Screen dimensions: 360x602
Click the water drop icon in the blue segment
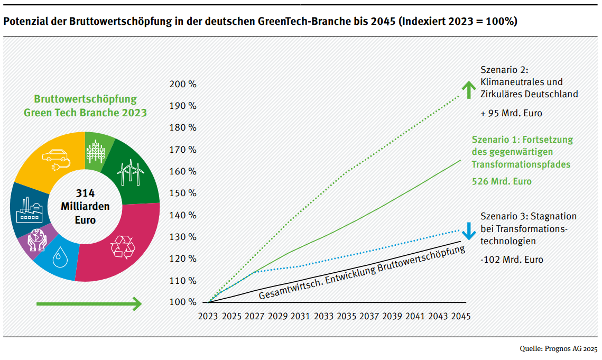coord(64,259)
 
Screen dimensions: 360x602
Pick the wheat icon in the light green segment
coord(96,151)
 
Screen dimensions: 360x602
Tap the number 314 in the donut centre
coord(85,193)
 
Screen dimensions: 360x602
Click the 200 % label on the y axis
coord(183,85)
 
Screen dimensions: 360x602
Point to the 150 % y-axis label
coord(183,193)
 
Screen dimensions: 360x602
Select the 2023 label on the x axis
coord(208,316)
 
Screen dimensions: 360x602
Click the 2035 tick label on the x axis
coord(347,316)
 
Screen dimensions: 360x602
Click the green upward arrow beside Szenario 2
coord(468,89)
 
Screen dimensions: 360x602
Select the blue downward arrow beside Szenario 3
coord(468,231)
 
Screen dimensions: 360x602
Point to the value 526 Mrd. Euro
coord(502,181)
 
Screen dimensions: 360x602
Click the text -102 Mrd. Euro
coord(512,260)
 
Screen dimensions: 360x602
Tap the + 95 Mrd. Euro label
coord(511,113)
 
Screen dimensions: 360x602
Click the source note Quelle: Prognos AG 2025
coord(559,349)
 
